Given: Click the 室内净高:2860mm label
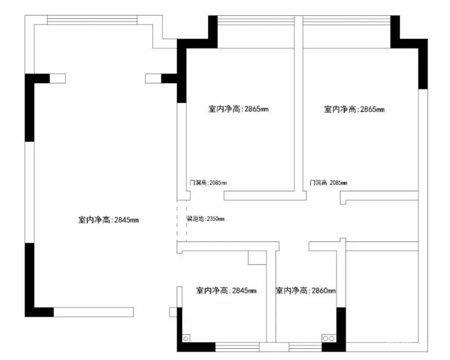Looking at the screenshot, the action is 306,291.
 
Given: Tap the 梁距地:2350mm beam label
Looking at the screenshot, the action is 206,219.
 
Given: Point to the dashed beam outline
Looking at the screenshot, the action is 182,220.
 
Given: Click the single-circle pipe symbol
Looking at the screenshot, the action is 186,339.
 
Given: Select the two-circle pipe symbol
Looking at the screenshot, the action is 328,338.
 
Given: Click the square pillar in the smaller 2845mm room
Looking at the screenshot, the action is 257,257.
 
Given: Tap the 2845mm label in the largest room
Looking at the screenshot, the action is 108,220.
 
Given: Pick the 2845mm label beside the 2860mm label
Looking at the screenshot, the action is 226,291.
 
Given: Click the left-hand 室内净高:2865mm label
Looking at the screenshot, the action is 238,109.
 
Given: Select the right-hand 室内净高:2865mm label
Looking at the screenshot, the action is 354,109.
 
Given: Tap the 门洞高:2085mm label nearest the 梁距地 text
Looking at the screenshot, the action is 208,183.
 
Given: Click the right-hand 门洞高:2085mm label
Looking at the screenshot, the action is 328,183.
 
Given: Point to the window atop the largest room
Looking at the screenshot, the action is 92,20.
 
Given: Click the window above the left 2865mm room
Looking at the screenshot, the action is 256,20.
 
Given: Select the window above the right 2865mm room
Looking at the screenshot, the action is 346,20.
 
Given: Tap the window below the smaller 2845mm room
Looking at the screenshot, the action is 237,347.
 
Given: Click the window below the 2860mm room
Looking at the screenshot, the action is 306,347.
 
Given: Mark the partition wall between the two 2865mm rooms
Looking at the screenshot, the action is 299,103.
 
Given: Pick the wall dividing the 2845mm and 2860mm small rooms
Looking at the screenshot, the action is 271,296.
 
